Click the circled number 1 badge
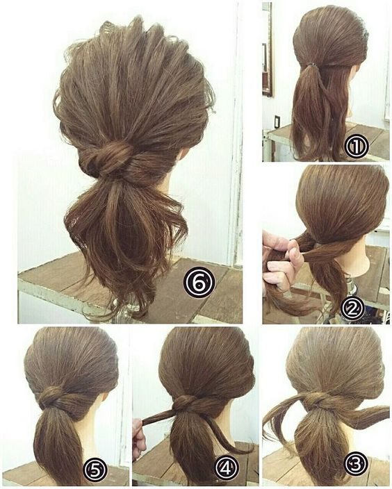pos(357,147)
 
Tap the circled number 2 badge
pos(352,308)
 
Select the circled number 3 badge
pos(356,467)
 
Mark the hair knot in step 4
pos(184,403)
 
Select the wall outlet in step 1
pos(277,121)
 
